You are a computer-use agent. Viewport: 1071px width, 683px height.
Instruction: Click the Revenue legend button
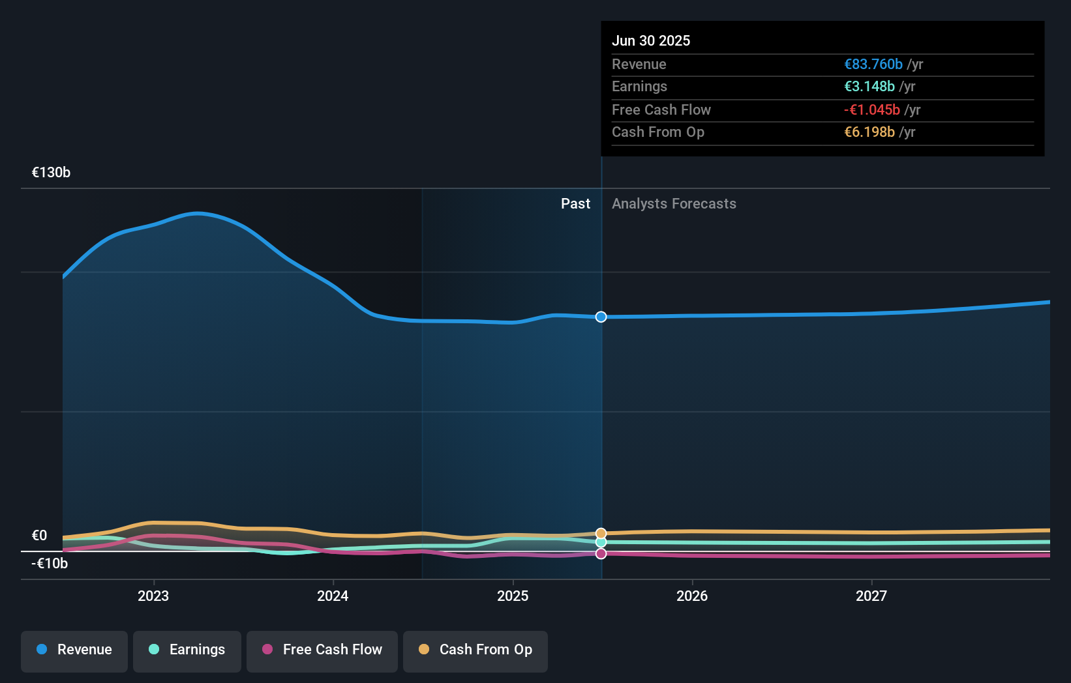click(74, 650)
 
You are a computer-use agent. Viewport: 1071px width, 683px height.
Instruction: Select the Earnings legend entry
click(187, 650)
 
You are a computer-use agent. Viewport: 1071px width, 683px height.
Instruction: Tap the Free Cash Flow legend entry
click(322, 650)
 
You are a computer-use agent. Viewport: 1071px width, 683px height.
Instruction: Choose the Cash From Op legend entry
click(475, 650)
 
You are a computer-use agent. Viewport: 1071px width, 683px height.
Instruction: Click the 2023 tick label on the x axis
click(153, 596)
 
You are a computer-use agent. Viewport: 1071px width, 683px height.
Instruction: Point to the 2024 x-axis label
click(333, 596)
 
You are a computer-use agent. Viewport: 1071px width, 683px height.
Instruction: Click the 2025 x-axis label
click(513, 596)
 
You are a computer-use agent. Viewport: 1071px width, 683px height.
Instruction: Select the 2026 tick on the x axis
click(692, 596)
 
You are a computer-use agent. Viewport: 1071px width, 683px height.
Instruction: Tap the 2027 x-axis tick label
click(871, 596)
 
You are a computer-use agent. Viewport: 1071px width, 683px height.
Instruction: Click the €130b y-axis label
click(51, 173)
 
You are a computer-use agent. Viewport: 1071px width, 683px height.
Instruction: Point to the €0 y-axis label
click(39, 536)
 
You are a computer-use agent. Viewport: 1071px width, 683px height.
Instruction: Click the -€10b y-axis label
click(50, 564)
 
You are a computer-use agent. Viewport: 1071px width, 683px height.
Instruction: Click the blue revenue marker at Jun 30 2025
click(601, 317)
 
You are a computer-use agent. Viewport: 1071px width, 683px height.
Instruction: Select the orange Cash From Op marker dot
click(601, 534)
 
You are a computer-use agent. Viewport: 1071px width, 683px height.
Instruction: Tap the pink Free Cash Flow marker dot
click(601, 553)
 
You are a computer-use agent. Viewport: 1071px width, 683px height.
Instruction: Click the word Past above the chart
click(575, 204)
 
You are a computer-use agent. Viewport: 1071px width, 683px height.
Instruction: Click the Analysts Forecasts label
click(674, 204)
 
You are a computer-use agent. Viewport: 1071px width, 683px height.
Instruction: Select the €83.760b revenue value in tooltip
click(873, 65)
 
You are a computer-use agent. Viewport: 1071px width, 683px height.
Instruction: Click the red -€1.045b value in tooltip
click(871, 110)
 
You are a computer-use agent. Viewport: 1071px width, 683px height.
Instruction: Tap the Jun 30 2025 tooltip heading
click(650, 41)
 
